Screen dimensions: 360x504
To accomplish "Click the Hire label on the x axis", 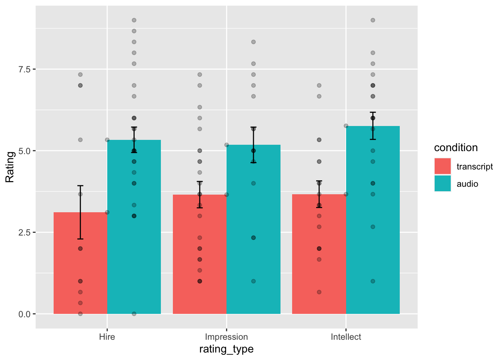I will (107, 337).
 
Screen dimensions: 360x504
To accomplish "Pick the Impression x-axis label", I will (226, 337).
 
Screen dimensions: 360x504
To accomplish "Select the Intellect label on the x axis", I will (346, 337).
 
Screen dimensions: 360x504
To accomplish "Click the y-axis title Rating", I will (10, 167).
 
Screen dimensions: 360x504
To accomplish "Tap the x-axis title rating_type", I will (226, 349).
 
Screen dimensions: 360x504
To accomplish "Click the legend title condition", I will (456, 148).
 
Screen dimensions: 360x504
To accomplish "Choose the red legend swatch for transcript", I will (442, 166).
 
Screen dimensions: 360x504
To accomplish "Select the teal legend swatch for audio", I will (442, 183).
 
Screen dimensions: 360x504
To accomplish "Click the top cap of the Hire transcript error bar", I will (80, 186).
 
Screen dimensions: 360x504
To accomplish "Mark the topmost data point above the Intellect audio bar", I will (373, 20).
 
